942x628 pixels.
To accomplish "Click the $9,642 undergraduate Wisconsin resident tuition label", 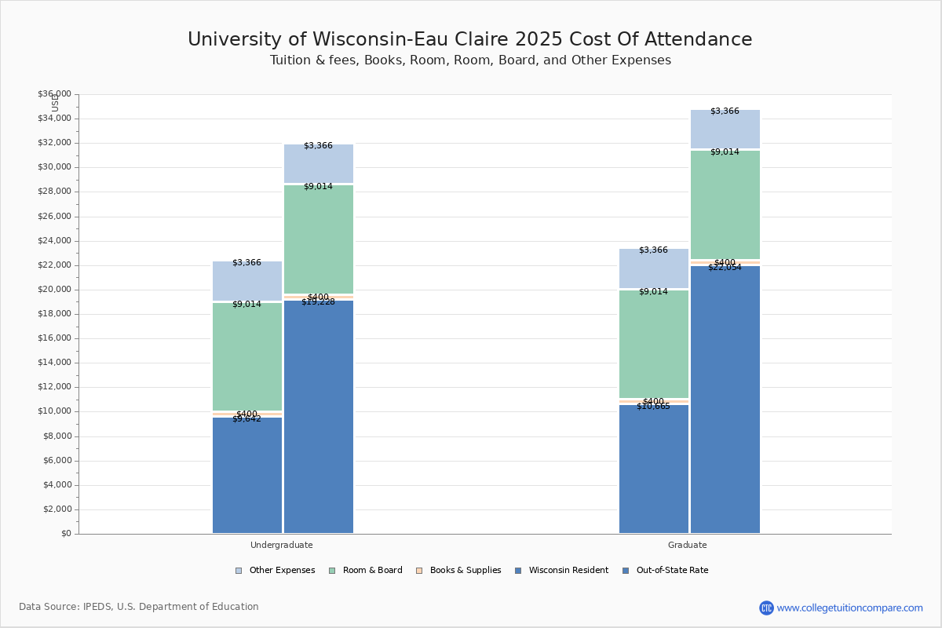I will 246,419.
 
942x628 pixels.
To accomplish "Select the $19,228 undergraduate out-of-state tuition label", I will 318,302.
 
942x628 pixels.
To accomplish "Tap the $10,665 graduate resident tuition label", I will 653,407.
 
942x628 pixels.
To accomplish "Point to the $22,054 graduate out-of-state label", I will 725,268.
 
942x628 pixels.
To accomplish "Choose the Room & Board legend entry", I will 372,571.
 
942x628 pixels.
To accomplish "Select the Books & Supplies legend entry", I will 465,571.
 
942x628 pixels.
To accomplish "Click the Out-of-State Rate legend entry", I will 672,571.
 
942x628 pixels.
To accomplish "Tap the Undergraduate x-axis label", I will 282,545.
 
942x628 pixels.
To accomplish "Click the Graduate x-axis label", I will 688,545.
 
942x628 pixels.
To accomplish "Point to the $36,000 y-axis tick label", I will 54,94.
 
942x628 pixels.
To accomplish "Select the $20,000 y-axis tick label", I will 54,290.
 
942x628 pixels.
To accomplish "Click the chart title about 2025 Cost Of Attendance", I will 469,39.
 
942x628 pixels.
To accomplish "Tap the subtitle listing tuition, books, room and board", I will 470,60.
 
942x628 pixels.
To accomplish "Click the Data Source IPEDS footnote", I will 139,607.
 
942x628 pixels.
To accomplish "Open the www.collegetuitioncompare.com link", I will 849,608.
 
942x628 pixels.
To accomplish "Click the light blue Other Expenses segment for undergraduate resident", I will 246,281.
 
